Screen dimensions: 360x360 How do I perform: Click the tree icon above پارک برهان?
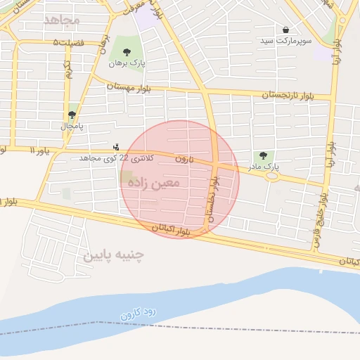tap(127, 52)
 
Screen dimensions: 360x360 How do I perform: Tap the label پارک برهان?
tap(127, 63)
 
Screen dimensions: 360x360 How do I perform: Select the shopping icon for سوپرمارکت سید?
tap(285, 30)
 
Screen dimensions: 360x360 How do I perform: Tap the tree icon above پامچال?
tap(72, 115)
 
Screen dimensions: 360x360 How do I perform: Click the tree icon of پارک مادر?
tap(263, 155)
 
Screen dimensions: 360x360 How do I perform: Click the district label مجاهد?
tap(63, 19)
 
